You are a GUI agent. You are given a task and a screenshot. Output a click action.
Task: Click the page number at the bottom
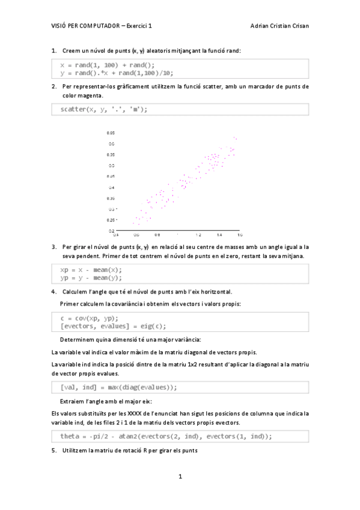pos(180,476)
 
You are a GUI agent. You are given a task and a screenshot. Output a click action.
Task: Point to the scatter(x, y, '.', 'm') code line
pos(103,109)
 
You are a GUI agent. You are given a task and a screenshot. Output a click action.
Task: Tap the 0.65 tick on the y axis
pos(111,132)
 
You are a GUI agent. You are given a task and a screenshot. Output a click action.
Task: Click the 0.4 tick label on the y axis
pos(111,187)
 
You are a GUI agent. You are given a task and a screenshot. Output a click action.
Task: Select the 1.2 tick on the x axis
pos(198,235)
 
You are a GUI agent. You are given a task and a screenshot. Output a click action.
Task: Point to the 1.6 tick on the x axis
pos(239,235)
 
